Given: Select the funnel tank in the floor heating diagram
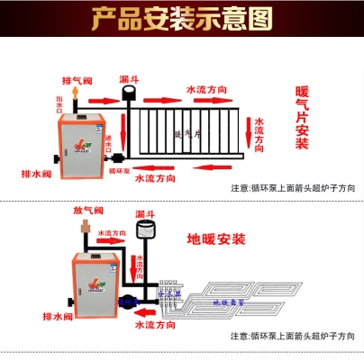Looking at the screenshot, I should click(145, 233).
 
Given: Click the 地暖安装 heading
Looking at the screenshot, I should click(215, 239).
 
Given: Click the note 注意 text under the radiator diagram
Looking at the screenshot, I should click(293, 188).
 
